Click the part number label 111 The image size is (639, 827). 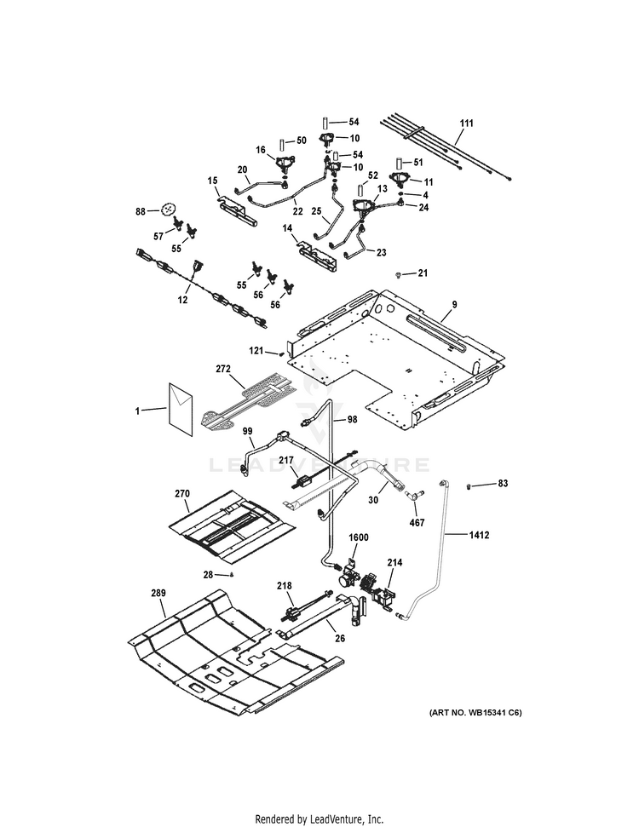(x=466, y=123)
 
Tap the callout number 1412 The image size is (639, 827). (x=479, y=535)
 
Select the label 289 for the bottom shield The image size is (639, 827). (x=158, y=593)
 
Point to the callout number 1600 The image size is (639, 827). (x=359, y=537)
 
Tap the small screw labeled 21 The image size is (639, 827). (x=399, y=275)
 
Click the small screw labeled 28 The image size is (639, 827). (x=231, y=574)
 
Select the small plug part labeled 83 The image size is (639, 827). (x=469, y=485)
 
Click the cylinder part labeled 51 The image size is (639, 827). (x=400, y=163)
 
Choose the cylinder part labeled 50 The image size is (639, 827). (x=282, y=144)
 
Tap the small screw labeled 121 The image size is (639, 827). (x=282, y=353)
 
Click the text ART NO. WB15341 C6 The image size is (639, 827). (x=475, y=713)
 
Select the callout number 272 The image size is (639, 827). (x=223, y=369)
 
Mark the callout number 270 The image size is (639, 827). (x=182, y=494)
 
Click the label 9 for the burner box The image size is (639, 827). (x=454, y=304)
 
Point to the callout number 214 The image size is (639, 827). (x=394, y=563)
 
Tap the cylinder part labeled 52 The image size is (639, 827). (x=360, y=189)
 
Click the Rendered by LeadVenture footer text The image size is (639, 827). (x=319, y=819)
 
